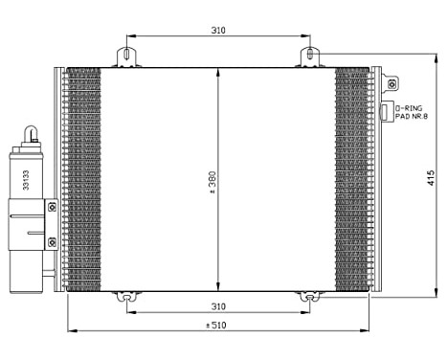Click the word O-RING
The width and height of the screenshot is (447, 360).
pos(408,109)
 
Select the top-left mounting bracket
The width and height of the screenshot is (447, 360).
pos(125,57)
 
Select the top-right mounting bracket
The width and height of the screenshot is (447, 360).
pos(308,57)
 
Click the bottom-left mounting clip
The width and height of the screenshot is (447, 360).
pos(125,298)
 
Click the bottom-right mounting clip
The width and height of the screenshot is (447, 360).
pos(308,298)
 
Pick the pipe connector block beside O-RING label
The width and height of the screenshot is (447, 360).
pos(388,112)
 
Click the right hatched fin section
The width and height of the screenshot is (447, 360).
pos(351,179)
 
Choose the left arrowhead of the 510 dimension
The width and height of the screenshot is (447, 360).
pos(71,332)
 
